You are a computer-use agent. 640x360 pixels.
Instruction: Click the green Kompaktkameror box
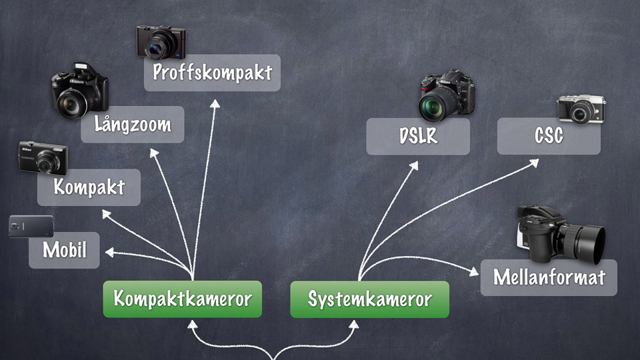[182, 299]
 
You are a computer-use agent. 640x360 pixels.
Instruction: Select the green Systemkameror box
[369, 299]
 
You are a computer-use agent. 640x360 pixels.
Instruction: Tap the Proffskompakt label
[212, 72]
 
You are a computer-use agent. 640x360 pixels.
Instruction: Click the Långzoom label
[132, 124]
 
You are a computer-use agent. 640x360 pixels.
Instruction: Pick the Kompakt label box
[89, 187]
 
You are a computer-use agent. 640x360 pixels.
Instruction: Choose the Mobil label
[64, 250]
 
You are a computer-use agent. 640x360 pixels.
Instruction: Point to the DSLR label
[418, 136]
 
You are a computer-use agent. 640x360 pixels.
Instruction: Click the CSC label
[549, 136]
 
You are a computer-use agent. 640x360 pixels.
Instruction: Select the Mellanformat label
[549, 277]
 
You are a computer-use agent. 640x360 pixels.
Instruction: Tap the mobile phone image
[31, 227]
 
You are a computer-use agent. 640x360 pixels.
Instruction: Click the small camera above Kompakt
[44, 158]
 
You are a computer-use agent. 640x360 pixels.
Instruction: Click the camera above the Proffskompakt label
[161, 41]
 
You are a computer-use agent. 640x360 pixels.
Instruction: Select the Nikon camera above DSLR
[447, 95]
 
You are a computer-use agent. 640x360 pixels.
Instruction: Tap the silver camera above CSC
[581, 109]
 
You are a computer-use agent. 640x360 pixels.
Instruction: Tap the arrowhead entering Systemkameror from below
[354, 325]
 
